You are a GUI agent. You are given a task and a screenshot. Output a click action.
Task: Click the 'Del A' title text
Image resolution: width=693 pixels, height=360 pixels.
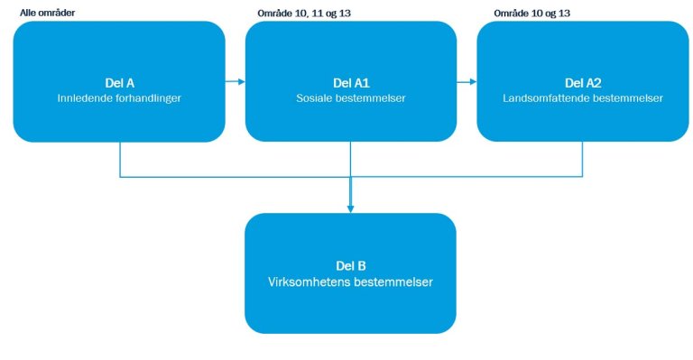pos(119,81)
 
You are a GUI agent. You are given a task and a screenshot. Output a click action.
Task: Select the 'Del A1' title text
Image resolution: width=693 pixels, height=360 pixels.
pos(350,81)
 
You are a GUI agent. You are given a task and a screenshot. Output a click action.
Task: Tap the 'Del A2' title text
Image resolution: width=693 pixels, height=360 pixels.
pos(581,81)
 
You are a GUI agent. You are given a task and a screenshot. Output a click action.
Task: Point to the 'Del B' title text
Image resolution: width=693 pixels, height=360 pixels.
pos(350,266)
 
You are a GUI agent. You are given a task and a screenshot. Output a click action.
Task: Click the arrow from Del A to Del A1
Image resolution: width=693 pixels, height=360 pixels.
pos(236,82)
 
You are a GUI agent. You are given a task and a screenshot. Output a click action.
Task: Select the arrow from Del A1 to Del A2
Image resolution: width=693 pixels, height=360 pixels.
pos(467,82)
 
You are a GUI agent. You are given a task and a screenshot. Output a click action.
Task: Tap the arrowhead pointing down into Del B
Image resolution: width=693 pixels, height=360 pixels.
pos(350,208)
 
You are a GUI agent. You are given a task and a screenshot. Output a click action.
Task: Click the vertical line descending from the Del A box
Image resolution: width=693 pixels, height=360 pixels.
pos(120,160)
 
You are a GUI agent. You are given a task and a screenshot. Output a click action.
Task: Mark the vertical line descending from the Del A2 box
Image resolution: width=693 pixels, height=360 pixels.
pos(582,160)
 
